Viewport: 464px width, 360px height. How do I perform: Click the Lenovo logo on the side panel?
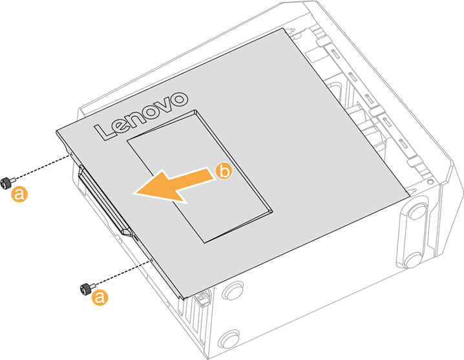click(141, 116)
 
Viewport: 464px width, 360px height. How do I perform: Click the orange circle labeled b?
click(224, 171)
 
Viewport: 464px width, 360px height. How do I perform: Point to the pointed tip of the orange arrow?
click(133, 194)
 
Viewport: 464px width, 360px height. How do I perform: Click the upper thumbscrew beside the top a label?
click(7, 182)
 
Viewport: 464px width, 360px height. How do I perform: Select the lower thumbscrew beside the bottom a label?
click(87, 288)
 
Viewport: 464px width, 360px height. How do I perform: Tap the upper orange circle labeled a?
click(19, 194)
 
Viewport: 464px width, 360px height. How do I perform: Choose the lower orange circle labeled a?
click(100, 297)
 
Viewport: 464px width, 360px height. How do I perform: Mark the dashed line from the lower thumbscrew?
click(123, 273)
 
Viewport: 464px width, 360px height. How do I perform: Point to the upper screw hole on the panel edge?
click(71, 154)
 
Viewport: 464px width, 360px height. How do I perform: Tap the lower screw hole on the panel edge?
click(151, 260)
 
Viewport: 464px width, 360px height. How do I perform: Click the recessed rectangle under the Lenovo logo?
click(200, 176)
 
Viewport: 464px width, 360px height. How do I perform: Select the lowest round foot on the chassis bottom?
click(230, 339)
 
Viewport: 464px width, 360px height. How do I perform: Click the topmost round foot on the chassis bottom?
click(417, 211)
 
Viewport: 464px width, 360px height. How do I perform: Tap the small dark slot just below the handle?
click(136, 237)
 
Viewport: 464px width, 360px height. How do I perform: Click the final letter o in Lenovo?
click(178, 99)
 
